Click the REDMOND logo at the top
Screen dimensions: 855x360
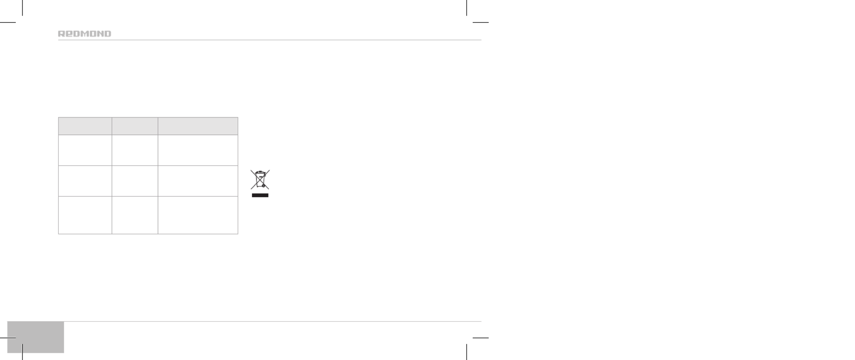click(x=85, y=34)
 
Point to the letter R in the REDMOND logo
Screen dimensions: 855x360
click(x=61, y=34)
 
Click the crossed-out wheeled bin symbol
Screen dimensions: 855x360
click(x=260, y=180)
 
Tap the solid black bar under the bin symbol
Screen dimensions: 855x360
click(x=260, y=195)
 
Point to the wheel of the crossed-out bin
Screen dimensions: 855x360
click(x=263, y=186)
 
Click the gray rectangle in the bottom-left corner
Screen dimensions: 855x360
click(x=36, y=337)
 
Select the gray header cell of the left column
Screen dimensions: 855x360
click(x=85, y=126)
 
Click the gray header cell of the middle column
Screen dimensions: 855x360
click(x=135, y=126)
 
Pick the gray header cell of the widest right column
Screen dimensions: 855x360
click(x=198, y=126)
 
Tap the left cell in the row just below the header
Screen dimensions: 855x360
click(x=85, y=150)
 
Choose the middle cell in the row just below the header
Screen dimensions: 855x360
click(x=135, y=150)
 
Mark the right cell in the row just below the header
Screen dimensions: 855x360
click(x=198, y=150)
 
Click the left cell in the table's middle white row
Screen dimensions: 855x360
click(x=85, y=181)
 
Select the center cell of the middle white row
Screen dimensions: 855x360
click(x=135, y=181)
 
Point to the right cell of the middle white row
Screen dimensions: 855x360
click(x=198, y=181)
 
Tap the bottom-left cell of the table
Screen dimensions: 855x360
click(x=85, y=215)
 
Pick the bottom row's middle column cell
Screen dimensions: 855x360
click(x=135, y=215)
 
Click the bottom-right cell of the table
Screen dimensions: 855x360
click(x=198, y=215)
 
